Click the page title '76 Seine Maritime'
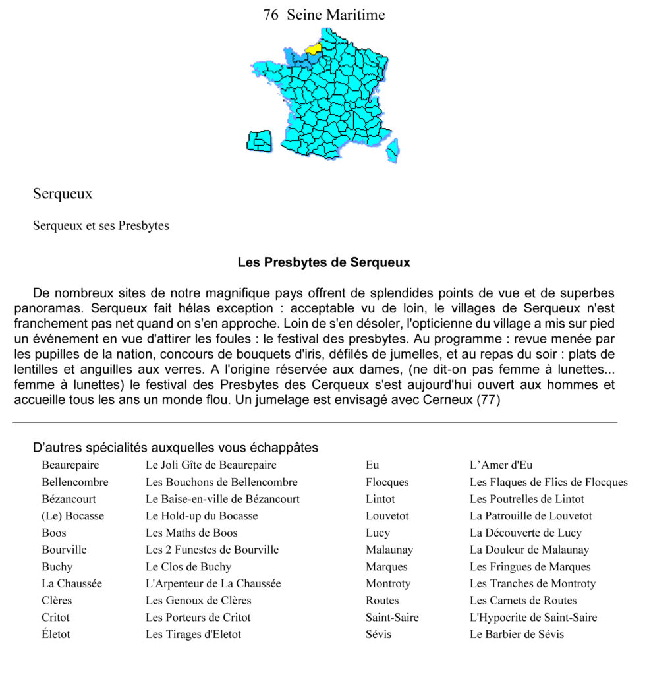(x=323, y=15)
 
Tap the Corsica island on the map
(x=393, y=150)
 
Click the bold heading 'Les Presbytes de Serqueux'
(x=323, y=262)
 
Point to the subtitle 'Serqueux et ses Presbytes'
(x=101, y=226)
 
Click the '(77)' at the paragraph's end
(x=488, y=400)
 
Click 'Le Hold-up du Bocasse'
(x=201, y=515)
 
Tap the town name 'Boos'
(x=54, y=533)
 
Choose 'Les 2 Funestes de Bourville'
(x=211, y=550)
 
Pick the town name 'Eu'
(x=372, y=465)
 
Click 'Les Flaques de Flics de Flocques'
(x=548, y=482)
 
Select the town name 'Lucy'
(x=378, y=533)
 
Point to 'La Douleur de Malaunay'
(x=529, y=550)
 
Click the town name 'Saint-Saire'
(x=392, y=618)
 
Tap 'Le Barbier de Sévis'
(x=517, y=634)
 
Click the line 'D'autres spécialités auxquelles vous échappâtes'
(x=175, y=448)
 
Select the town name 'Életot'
(x=55, y=634)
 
